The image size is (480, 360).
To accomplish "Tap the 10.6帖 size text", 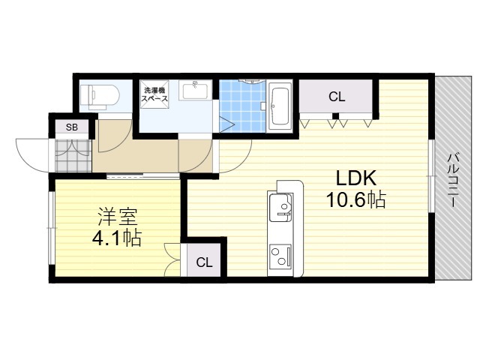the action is click(355, 200).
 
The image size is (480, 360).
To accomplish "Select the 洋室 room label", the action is click(117, 217).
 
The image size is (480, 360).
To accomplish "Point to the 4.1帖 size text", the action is click(117, 238).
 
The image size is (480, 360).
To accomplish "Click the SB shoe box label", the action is click(72, 127).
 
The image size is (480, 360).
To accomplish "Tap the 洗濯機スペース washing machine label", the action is click(154, 94).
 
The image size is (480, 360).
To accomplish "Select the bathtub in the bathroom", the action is click(280, 106).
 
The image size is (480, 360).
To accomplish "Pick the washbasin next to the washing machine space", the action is click(195, 91).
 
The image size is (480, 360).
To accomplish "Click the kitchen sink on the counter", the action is click(280, 208).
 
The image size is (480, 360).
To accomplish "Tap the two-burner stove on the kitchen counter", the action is click(280, 255).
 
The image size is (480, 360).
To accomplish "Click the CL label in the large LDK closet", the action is click(337, 97).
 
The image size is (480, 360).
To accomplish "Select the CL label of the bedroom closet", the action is click(204, 262).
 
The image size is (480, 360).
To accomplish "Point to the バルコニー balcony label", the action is click(453, 181).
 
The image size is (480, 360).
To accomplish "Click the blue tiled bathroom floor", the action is click(243, 106).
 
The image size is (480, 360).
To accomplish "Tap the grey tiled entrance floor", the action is click(73, 156).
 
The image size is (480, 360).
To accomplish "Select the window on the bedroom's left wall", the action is click(52, 228).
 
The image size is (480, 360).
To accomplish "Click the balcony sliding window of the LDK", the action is click(432, 176).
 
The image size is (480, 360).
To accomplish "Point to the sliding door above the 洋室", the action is click(143, 176).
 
